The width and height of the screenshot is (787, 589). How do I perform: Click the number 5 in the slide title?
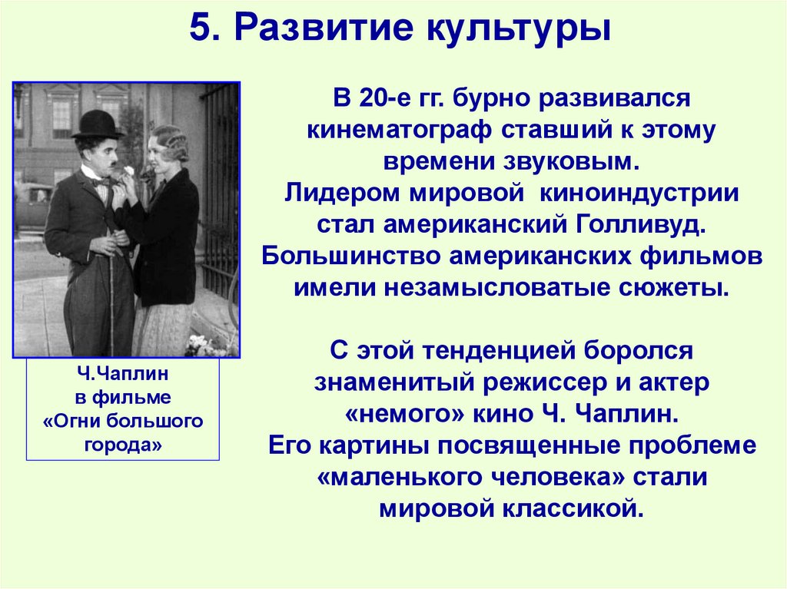tap(198, 28)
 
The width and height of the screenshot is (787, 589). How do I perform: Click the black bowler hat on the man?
tap(98, 124)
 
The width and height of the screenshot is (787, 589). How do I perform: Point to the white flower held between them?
tap(128, 171)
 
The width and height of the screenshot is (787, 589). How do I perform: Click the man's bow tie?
tap(101, 182)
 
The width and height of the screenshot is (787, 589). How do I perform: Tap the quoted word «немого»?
tap(400, 414)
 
